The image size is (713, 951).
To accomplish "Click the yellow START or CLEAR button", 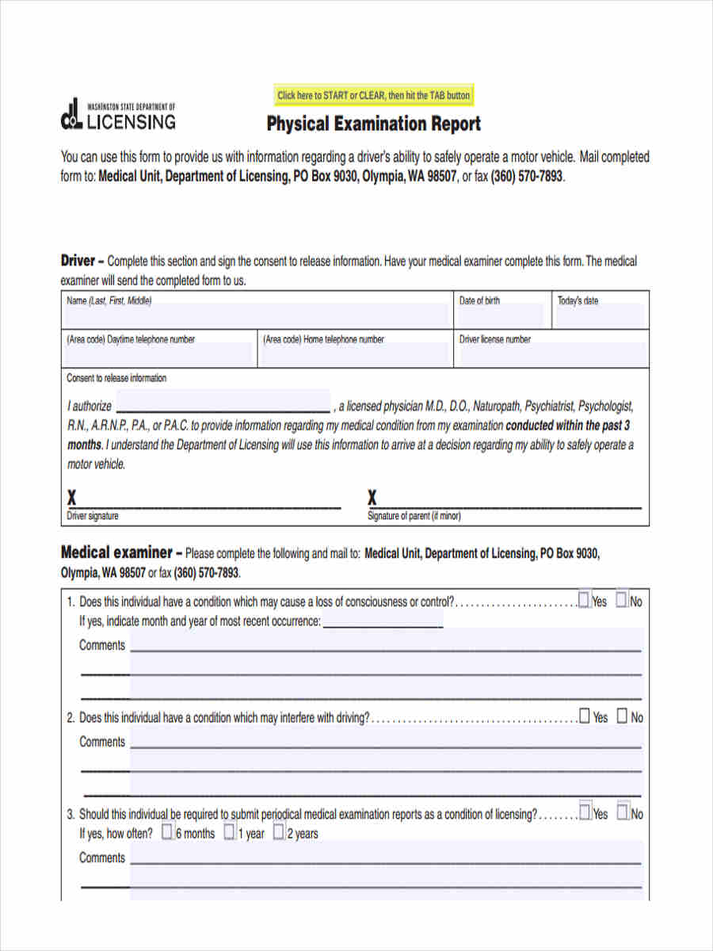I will tap(373, 95).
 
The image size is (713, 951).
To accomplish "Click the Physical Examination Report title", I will tap(373, 124).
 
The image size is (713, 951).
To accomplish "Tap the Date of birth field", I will tap(501, 316).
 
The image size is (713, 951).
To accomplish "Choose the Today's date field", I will tap(600, 316).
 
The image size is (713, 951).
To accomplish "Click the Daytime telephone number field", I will tap(158, 354).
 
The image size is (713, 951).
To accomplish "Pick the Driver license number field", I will tap(551, 354).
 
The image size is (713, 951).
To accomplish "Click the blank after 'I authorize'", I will tap(223, 402).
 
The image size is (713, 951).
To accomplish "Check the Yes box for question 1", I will tap(584, 600).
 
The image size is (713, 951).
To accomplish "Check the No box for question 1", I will tap(622, 600).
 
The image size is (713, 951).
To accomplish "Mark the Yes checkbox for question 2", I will tap(585, 716).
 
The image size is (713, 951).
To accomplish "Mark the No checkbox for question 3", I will tap(623, 812).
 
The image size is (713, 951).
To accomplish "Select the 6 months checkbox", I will tap(167, 832).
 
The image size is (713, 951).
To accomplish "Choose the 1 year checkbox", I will tap(229, 832).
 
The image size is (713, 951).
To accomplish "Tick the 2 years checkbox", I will tap(279, 832).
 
